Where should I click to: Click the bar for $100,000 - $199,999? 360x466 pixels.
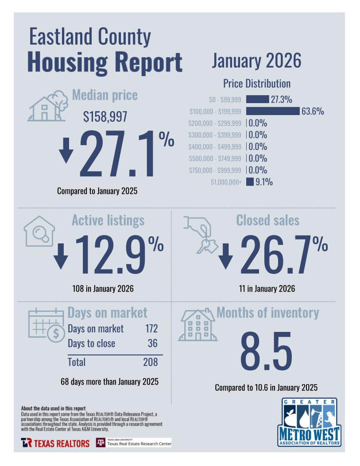point(272,111)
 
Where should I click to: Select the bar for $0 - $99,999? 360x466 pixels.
point(257,99)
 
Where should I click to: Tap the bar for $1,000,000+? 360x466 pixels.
point(250,181)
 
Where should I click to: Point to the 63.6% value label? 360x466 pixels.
point(313,111)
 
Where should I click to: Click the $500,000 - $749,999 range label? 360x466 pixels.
point(215,158)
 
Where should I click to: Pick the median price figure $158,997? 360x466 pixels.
point(105,117)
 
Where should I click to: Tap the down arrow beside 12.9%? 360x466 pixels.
point(61,256)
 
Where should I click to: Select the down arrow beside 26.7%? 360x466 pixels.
point(225,256)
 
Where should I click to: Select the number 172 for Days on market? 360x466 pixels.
point(151,329)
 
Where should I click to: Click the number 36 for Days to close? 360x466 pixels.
point(152,343)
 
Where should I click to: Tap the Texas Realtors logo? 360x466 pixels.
point(55,443)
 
